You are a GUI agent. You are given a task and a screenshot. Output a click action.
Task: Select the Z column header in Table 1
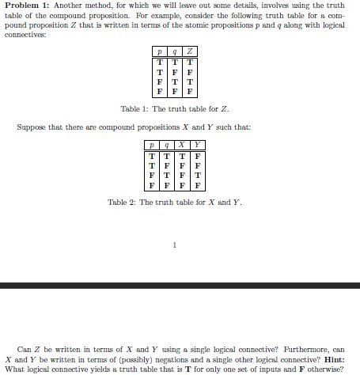point(189,51)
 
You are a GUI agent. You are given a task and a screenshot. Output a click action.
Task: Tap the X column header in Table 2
point(181,146)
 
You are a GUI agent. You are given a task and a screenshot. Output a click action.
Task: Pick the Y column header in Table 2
point(197,146)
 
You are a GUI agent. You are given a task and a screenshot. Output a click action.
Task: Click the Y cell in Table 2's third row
point(197,175)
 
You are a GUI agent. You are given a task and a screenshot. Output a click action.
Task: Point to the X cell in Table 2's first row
point(181,156)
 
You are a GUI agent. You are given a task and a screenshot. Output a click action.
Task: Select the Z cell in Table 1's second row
point(189,71)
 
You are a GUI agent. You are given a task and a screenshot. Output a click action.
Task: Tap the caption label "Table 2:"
point(122,203)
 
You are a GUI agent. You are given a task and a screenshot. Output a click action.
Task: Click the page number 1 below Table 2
point(174,244)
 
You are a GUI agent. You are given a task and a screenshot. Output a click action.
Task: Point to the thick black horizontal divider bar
point(180,284)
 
